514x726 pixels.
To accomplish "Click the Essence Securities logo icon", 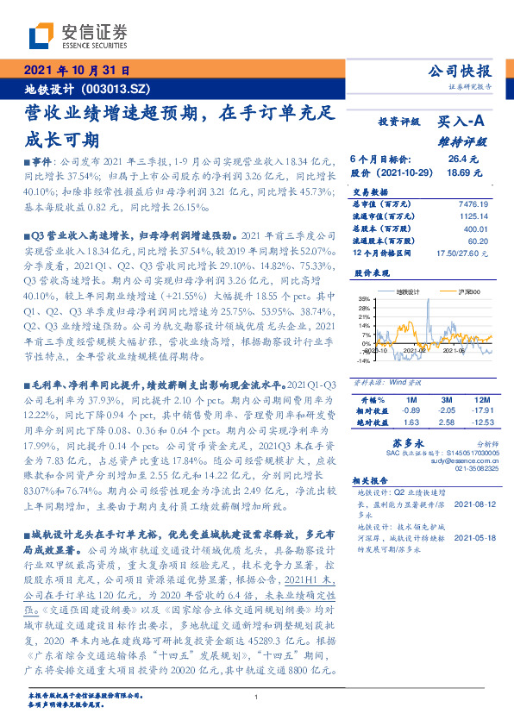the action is click(41, 37).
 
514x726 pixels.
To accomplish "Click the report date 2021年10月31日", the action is click(76, 71).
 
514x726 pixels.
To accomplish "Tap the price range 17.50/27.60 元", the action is click(463, 253).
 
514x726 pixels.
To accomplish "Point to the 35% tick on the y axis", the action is click(364, 298).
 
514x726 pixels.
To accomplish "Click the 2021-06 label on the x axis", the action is click(453, 350).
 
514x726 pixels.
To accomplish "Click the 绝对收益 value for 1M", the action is click(410, 422).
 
